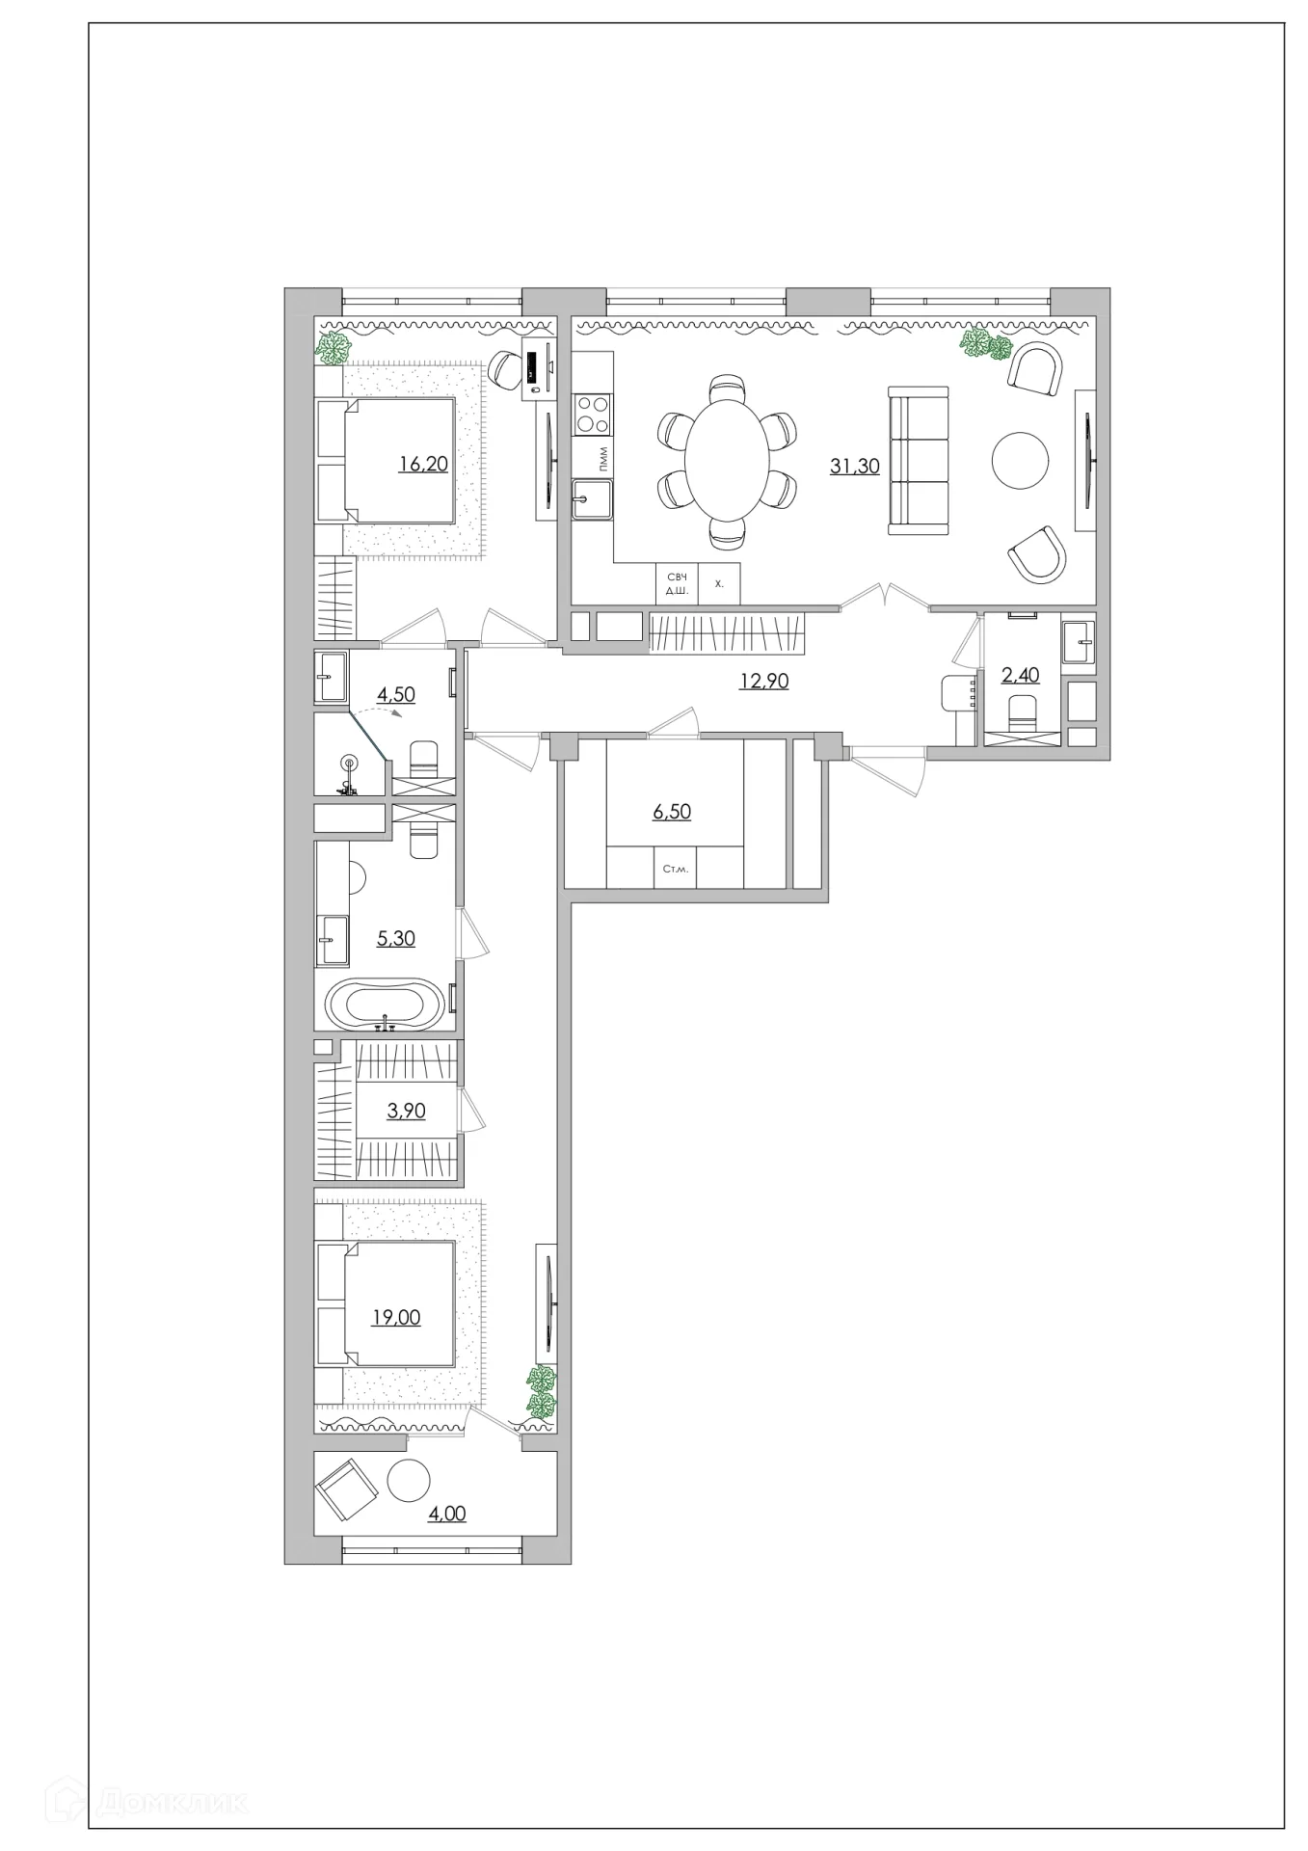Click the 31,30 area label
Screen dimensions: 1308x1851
[854, 467]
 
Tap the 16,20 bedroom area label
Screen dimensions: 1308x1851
[423, 465]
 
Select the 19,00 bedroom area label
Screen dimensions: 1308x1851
[396, 1318]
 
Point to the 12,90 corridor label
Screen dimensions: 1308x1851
[764, 681]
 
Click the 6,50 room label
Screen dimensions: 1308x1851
[672, 812]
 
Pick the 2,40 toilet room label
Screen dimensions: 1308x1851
[1021, 675]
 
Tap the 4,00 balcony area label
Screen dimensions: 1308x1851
[446, 1514]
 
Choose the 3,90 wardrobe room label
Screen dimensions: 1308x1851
[406, 1111]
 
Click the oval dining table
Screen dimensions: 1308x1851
[728, 460]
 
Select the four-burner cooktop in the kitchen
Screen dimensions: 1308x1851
[592, 416]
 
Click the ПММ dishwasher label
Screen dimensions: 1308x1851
[603, 461]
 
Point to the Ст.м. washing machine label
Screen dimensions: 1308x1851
[676, 869]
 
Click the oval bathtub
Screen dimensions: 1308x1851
[386, 1006]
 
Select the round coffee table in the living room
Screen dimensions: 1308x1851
[1020, 461]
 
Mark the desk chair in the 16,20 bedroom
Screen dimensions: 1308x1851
[503, 367]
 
